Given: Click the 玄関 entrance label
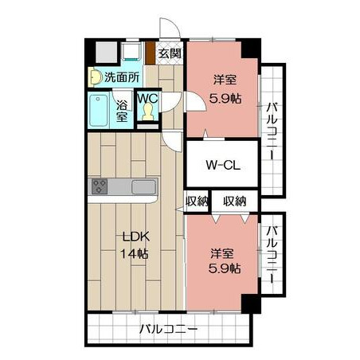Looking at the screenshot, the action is tap(170, 53).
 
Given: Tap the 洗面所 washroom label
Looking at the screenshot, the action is tap(122, 77).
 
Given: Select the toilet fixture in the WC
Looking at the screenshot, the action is tap(147, 112).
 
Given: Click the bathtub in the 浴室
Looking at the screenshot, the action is tap(99, 111).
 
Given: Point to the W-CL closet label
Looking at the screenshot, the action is tap(223, 165).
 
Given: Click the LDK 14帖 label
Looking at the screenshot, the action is tap(135, 245).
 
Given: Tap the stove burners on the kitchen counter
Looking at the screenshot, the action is tap(100, 186).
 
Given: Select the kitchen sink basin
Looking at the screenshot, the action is tap(143, 187).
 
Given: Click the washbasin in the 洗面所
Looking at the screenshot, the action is tap(95, 77).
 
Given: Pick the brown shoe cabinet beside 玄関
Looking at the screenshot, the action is tap(151, 53).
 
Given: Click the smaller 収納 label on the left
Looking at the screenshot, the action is tap(197, 202).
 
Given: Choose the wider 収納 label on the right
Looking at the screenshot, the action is tap(235, 202).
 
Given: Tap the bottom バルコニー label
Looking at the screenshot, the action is tap(169, 329).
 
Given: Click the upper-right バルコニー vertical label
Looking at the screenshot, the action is tap(272, 131).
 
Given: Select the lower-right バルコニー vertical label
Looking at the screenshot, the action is tap(272, 254).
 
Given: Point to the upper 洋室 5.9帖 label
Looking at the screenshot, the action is tap(225, 89).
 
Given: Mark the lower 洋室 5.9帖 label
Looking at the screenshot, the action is tap(225, 261).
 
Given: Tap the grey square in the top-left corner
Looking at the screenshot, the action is tap(106, 53).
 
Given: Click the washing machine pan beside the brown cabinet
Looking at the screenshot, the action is tap(131, 51).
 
